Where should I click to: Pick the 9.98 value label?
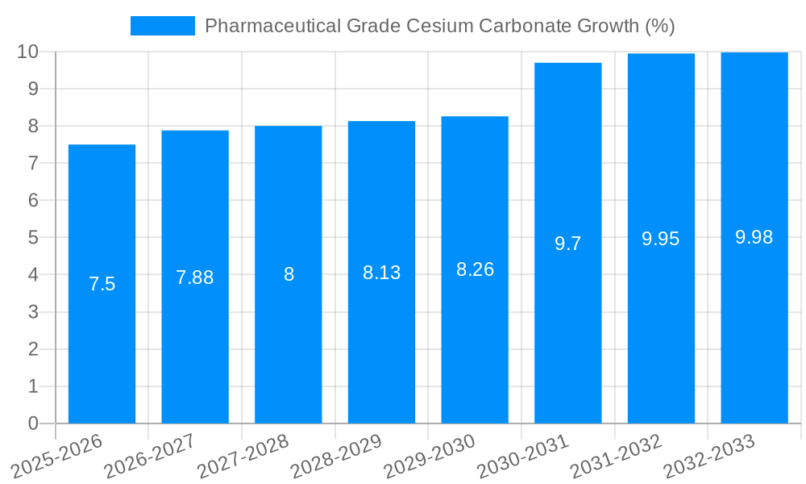(x=754, y=237)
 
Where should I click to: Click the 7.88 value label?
(x=194, y=277)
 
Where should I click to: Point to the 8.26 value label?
(x=475, y=269)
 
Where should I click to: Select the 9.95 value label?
(x=660, y=239)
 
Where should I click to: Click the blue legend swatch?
(x=163, y=26)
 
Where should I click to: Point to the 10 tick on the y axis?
(x=28, y=52)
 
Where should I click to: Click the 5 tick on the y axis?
(x=33, y=238)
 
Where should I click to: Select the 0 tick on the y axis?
(x=33, y=423)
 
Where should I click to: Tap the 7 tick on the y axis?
(x=33, y=164)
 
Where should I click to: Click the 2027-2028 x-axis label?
(x=243, y=457)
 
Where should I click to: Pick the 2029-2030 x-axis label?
(x=430, y=457)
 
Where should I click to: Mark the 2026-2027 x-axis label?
(x=150, y=457)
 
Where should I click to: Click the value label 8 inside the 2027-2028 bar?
(x=289, y=274)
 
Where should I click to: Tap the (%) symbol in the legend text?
(x=660, y=26)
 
